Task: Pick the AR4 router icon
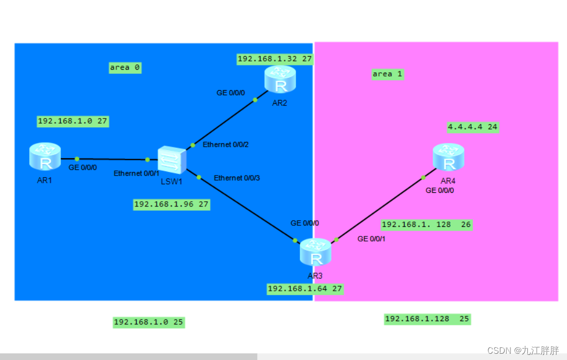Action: (x=449, y=157)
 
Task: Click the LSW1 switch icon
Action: (x=172, y=160)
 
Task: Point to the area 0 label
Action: (x=125, y=68)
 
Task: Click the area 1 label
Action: (x=387, y=74)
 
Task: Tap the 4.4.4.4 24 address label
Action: (x=473, y=127)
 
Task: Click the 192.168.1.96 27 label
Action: (x=172, y=205)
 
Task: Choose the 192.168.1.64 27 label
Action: (x=305, y=288)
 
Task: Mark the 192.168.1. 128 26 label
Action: (x=427, y=224)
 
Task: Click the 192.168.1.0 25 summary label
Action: (x=149, y=322)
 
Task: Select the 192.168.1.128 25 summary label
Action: (x=428, y=319)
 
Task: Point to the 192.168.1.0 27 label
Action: (x=73, y=121)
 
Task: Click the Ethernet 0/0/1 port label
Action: (x=136, y=173)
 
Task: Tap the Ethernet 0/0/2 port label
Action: (x=226, y=145)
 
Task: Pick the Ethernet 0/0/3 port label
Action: (x=237, y=178)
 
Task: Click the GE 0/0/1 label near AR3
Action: (x=371, y=239)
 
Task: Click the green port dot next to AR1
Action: (x=77, y=158)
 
